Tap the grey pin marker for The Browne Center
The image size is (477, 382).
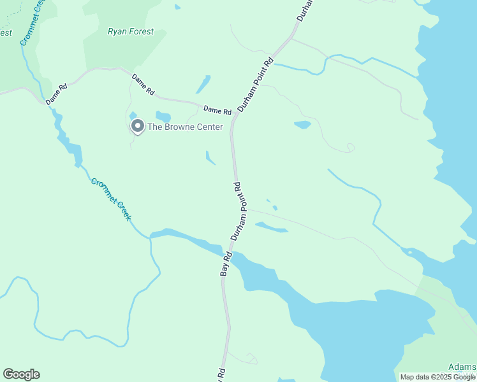(x=137, y=127)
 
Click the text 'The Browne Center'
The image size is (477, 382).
(x=185, y=127)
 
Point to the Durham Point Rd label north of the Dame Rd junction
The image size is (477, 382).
(x=255, y=85)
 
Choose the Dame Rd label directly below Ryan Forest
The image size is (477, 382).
(x=143, y=85)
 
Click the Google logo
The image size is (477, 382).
(x=21, y=374)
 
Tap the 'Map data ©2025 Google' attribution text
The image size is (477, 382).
(x=437, y=377)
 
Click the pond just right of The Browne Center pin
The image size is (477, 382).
(x=163, y=117)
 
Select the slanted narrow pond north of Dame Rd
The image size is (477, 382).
(x=203, y=85)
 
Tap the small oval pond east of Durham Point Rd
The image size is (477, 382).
(x=302, y=125)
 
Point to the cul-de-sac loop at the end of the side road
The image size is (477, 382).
(x=349, y=148)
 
